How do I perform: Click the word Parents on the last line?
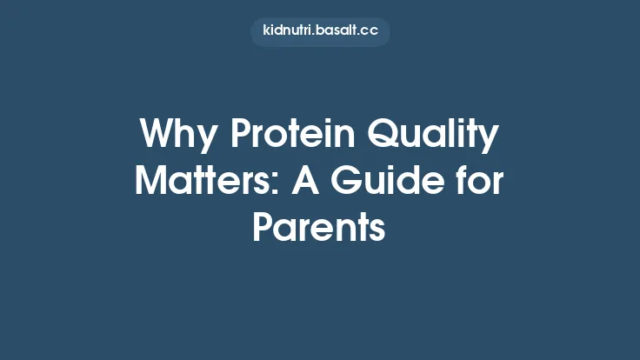coord(319,227)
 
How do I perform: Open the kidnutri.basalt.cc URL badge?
coord(320,31)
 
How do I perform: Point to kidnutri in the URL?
coord(288,31)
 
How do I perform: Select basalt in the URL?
coord(338,31)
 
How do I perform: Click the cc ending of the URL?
coord(370,31)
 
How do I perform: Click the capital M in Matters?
coord(153,182)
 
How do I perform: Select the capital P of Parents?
coord(262,227)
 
